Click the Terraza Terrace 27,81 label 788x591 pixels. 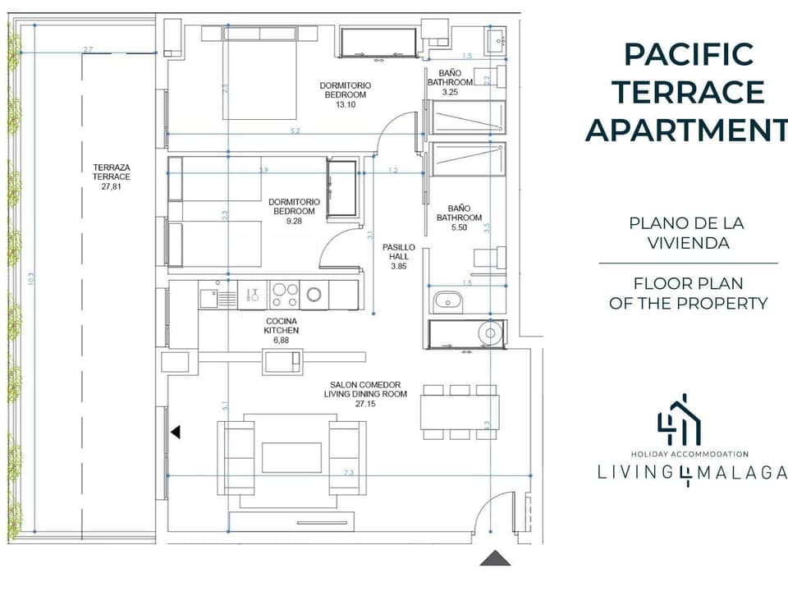[x=112, y=176]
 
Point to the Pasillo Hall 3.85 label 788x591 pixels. [x=399, y=256]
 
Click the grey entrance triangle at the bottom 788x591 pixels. [x=495, y=558]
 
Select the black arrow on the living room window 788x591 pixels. [x=175, y=432]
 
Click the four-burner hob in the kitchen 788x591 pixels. [x=285, y=294]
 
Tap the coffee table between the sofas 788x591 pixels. [x=291, y=457]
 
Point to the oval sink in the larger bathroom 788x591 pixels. [x=447, y=300]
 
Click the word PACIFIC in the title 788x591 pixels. [x=688, y=54]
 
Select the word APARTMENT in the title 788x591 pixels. [x=686, y=130]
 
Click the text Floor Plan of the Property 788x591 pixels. [x=688, y=294]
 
